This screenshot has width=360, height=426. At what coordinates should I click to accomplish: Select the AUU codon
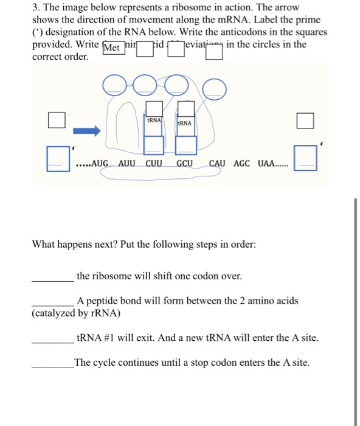pyautogui.click(x=127, y=164)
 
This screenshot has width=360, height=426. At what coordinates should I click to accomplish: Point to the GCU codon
pyautogui.click(x=185, y=164)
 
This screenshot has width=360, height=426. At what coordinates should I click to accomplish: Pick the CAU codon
pyautogui.click(x=217, y=164)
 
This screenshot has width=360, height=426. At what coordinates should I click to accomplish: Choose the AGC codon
pyautogui.click(x=241, y=164)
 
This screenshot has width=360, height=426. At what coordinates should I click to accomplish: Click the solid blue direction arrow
pyautogui.click(x=86, y=130)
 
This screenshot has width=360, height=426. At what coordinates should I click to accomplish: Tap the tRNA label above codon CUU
pyautogui.click(x=154, y=120)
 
